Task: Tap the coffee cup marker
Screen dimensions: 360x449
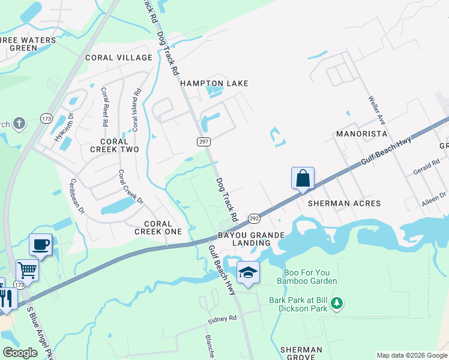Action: click(41, 245)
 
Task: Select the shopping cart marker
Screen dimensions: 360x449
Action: click(27, 270)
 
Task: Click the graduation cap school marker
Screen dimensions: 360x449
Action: click(248, 273)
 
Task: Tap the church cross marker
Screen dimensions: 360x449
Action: click(19, 124)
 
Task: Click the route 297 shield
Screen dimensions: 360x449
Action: click(203, 140)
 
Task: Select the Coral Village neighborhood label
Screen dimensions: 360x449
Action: click(119, 58)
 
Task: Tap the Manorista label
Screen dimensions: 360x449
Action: click(361, 133)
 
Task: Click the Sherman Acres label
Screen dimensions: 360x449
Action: click(344, 203)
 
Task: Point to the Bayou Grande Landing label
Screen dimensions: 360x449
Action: click(245, 239)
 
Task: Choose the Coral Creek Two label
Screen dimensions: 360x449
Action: click(115, 145)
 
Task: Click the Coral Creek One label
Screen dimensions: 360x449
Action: click(158, 227)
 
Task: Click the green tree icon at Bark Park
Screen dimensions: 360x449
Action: click(338, 304)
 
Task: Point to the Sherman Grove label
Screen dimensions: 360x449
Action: click(301, 353)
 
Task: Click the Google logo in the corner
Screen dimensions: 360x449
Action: click(20, 353)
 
